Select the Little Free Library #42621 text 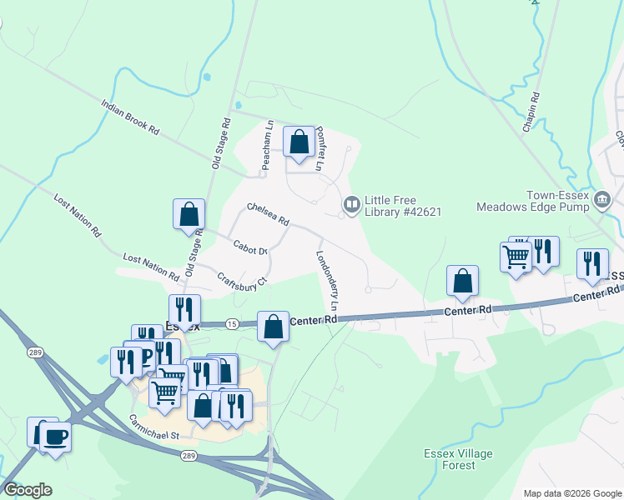pyautogui.click(x=402, y=206)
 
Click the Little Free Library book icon pyautogui.click(x=352, y=204)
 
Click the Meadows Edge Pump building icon pyautogui.click(x=604, y=198)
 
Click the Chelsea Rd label pyautogui.click(x=268, y=214)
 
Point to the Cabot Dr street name pyautogui.click(x=250, y=247)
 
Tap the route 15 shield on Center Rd pyautogui.click(x=231, y=323)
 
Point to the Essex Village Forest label pyautogui.click(x=458, y=459)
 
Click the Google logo pyautogui.click(x=28, y=490)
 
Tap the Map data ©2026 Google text pyautogui.click(x=571, y=493)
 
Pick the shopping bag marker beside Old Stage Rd pyautogui.click(x=189, y=213)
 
